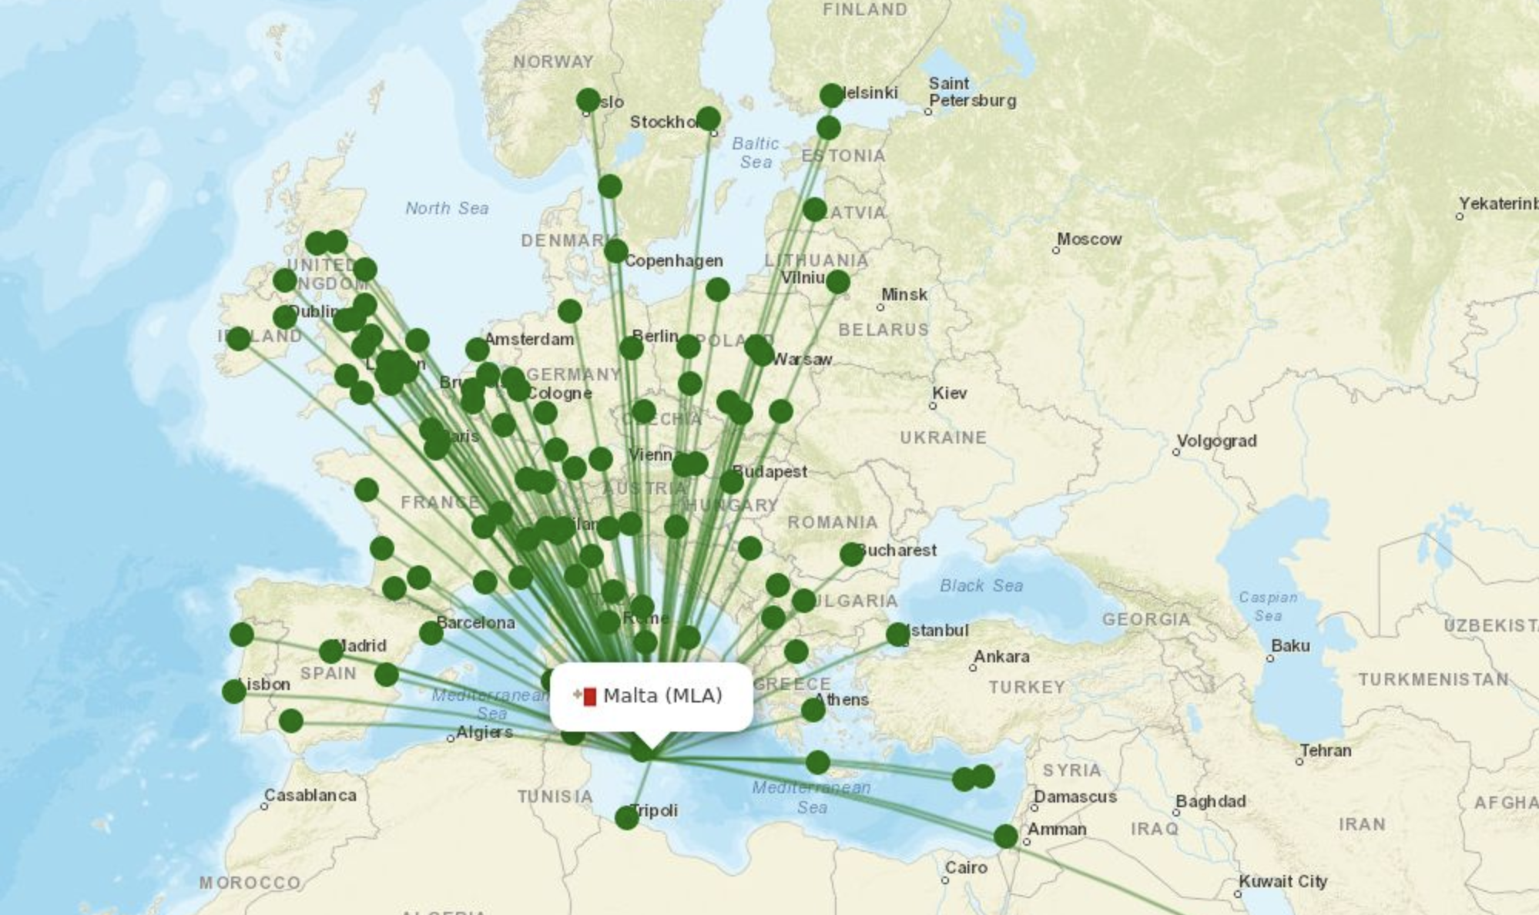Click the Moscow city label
tap(1088, 240)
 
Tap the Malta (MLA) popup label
tap(662, 696)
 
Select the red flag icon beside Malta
tap(589, 697)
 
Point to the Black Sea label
tap(981, 586)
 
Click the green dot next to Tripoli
tap(627, 818)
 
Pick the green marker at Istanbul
tap(897, 635)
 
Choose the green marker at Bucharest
tap(851, 554)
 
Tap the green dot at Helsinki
tap(831, 96)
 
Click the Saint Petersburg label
tap(971, 92)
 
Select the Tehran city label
tap(1326, 750)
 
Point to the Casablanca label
tap(310, 795)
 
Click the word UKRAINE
tap(943, 437)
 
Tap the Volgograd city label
tap(1216, 441)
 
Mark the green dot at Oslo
tap(588, 99)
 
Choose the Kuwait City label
tap(1282, 881)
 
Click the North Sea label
tap(447, 208)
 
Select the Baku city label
tap(1290, 645)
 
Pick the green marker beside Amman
tap(1005, 836)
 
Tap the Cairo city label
tap(966, 868)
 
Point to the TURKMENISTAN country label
tap(1433, 679)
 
